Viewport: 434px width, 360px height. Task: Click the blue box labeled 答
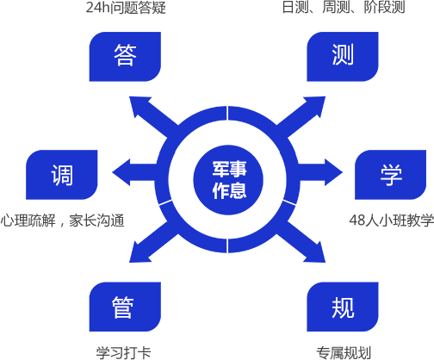(125, 57)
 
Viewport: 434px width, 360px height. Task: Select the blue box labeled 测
(343, 57)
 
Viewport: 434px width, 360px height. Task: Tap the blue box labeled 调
(62, 175)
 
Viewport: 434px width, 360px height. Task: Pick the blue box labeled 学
(390, 175)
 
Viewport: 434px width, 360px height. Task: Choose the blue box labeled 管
(125, 307)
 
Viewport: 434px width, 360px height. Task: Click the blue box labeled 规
(343, 307)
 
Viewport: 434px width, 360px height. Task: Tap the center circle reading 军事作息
(228, 180)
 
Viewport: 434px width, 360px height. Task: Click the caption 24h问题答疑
(126, 7)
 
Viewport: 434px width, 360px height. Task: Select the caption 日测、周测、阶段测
(344, 7)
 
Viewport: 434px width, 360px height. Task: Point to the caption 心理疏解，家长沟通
(62, 220)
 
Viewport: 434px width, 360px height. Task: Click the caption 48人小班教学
(392, 220)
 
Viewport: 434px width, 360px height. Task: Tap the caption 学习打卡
(123, 353)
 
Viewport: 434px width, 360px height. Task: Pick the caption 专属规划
(344, 353)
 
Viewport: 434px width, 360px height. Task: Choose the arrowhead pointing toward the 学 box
(334, 172)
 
